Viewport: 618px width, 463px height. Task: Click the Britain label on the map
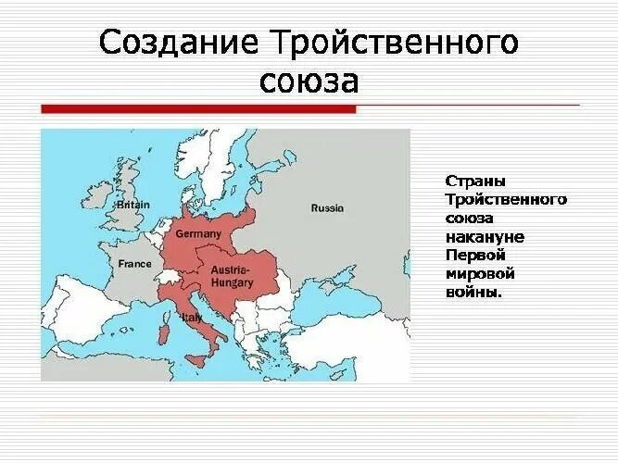click(133, 205)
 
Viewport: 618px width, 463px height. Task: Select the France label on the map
click(134, 264)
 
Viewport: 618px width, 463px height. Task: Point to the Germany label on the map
click(198, 234)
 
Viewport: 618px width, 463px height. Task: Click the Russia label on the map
click(327, 208)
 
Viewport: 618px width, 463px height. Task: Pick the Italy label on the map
click(192, 317)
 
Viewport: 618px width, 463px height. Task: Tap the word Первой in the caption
click(472, 255)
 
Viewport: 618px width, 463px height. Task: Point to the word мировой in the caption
click(479, 273)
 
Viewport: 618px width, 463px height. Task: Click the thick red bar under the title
click(198, 109)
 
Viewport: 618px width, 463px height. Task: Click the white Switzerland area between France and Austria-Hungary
click(170, 277)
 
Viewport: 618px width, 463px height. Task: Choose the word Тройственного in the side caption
click(506, 200)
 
